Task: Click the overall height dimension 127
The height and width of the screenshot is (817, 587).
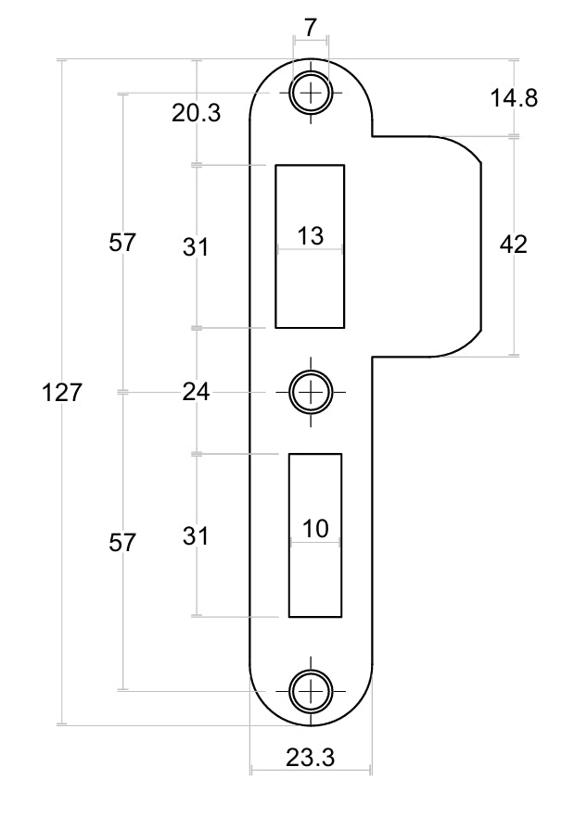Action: [61, 393]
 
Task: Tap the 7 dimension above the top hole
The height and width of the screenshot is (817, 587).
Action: [311, 28]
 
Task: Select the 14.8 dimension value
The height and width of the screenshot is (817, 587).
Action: [514, 98]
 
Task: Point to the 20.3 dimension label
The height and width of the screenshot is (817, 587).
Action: [197, 113]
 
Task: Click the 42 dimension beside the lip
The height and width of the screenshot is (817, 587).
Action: [514, 244]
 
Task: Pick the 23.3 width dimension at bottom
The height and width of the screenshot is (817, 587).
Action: [310, 757]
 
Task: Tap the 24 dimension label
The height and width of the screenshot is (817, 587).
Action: [197, 392]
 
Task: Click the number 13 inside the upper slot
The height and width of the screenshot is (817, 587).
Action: [311, 235]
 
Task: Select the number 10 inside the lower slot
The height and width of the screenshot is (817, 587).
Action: [315, 529]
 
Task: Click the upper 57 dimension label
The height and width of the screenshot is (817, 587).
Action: [122, 243]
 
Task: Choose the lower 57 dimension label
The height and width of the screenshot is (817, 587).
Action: [122, 543]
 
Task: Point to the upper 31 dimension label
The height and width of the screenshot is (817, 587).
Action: [196, 246]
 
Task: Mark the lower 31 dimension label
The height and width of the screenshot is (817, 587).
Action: [196, 535]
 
